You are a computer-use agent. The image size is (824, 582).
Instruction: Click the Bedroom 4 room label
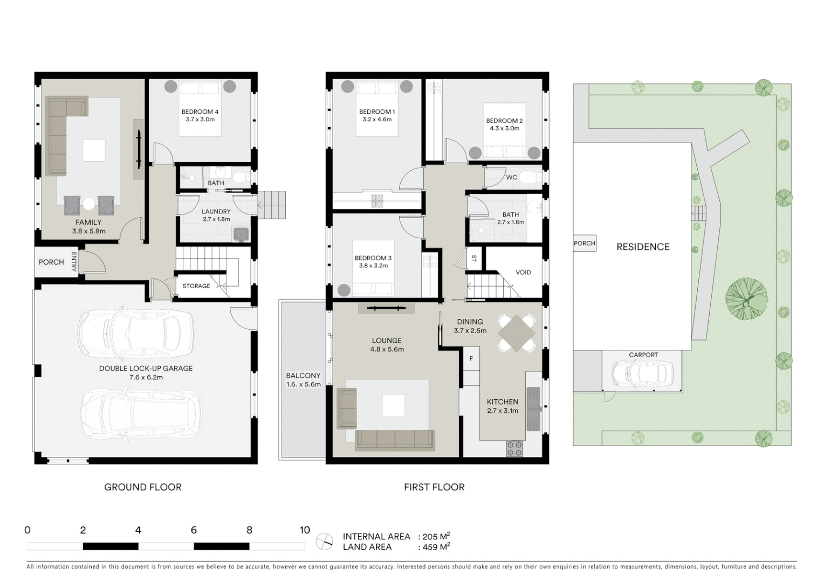pos(200,112)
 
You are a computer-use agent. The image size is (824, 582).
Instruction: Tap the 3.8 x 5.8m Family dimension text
pos(88,231)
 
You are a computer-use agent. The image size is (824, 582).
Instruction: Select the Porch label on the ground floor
pos(51,262)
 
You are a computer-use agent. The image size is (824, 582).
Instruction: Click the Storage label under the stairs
pos(196,286)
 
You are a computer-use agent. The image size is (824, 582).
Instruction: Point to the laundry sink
pos(241,233)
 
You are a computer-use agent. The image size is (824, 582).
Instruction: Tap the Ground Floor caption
pos(143,487)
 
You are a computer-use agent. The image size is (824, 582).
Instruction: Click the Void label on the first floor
pos(523,272)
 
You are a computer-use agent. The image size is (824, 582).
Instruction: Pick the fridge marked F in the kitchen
pos(471,358)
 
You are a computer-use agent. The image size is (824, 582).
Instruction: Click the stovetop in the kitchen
pos(514,448)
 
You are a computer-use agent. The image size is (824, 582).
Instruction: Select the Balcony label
pos(303,376)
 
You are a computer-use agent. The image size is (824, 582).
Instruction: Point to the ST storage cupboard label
pos(474,258)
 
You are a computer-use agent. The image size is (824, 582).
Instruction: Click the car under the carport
pos(642,372)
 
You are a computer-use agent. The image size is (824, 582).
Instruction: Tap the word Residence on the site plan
pos(643,247)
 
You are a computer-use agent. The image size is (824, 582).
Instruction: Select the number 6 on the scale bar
pos(194,530)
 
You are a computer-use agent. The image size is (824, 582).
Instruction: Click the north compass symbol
pos(325,541)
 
